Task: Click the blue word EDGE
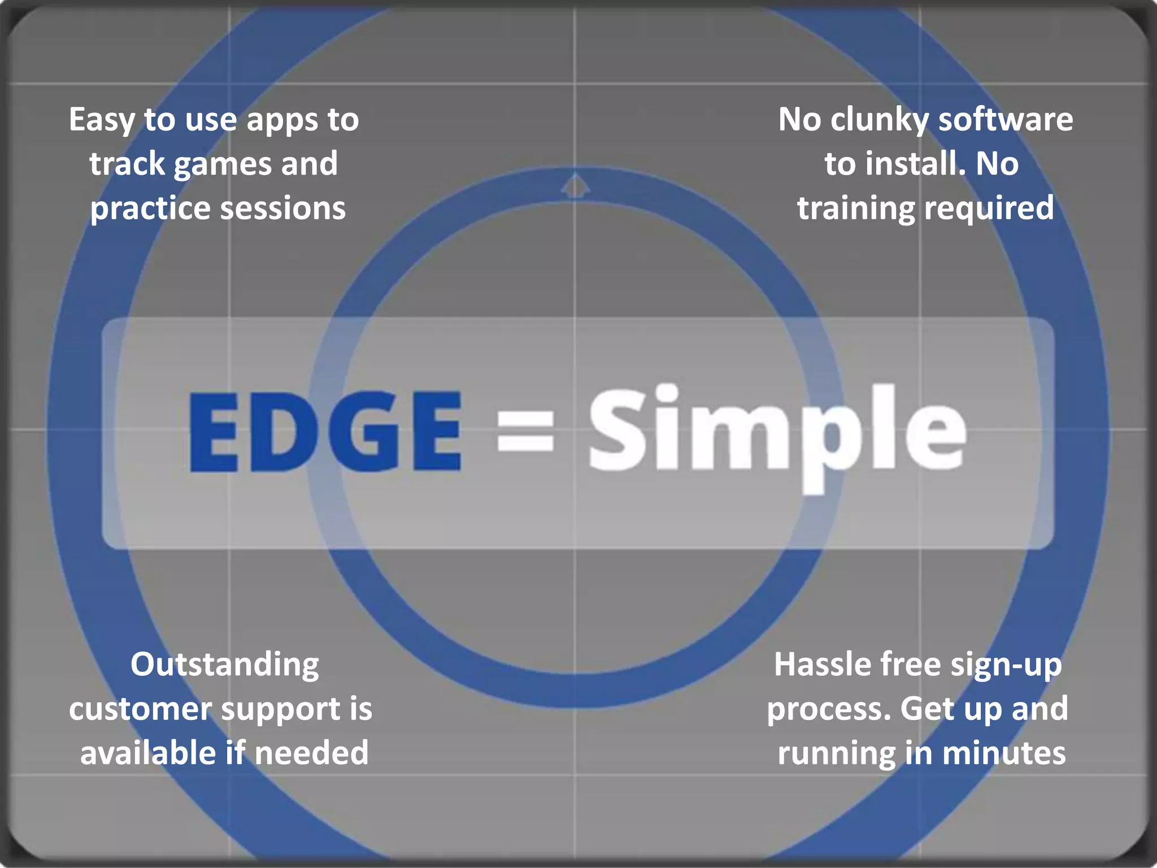[x=325, y=431]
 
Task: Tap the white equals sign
[x=525, y=431]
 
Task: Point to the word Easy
[x=102, y=121]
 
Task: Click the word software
[x=1006, y=120]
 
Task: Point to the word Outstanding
[x=225, y=665]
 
